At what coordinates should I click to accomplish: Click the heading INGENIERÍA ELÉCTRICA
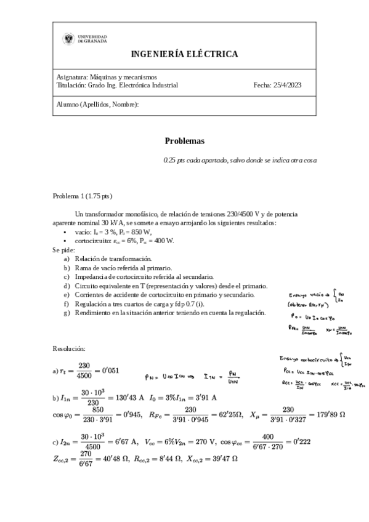coord(184,54)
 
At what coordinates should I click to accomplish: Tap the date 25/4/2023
coord(286,86)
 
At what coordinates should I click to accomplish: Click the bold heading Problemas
coord(184,141)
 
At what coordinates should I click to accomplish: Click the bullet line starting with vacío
coord(114,232)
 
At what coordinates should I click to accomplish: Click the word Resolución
coord(73,349)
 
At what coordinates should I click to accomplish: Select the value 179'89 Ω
coord(330,414)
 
